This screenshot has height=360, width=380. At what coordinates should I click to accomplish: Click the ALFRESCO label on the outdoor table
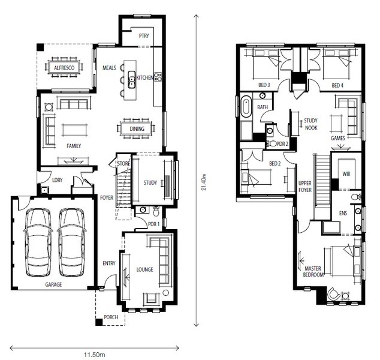pos(64,68)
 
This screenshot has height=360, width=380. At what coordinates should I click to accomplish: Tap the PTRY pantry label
pos(144,36)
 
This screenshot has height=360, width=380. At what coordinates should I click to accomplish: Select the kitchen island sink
pos(132,80)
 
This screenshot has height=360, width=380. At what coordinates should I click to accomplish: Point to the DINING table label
pos(137,129)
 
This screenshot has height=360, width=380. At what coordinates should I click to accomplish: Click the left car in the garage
pos(38,242)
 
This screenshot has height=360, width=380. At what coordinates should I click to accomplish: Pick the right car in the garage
pos(71,242)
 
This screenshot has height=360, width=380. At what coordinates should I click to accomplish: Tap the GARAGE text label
pos(53,284)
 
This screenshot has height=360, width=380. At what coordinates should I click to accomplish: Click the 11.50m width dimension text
pos(95,355)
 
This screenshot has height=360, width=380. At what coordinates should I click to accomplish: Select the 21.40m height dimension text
pos(204,182)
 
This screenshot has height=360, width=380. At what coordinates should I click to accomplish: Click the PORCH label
pos(111,317)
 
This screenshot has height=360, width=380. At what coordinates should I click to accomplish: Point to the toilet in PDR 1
pos(156,211)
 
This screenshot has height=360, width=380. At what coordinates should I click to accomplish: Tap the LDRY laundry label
pos(58,180)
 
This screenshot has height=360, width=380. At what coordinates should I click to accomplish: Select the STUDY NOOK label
pos(311,124)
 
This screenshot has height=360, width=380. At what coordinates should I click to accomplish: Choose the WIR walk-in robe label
pos(346,173)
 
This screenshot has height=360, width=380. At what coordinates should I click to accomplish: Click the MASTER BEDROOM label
pos(313,272)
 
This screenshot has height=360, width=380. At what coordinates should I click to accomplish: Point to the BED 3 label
pos(264,85)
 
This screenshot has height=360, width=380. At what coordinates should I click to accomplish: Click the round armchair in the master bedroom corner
pos(333,294)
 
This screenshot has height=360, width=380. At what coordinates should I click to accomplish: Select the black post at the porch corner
pos(99,322)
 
